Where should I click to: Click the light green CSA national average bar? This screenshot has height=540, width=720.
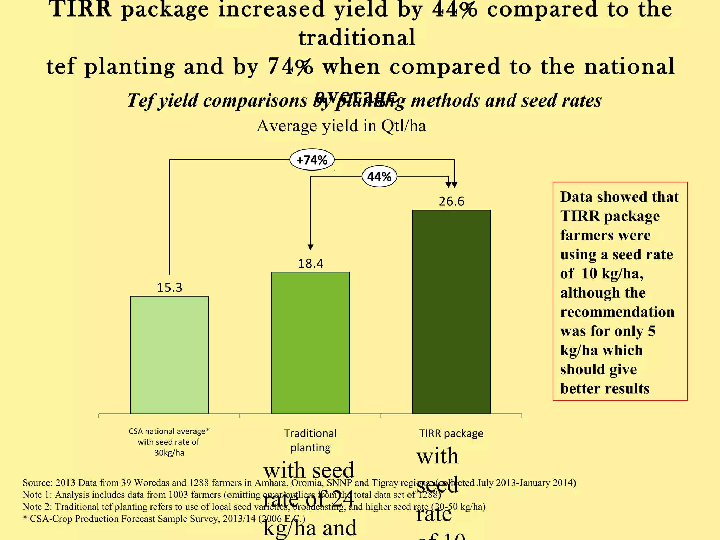pyautogui.click(x=169, y=355)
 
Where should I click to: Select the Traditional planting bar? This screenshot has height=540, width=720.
pyautogui.click(x=310, y=343)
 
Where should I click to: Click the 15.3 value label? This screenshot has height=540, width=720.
pyautogui.click(x=169, y=288)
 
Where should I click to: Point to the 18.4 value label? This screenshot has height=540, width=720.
pyautogui.click(x=310, y=263)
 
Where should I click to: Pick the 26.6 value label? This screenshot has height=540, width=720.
pyautogui.click(x=451, y=201)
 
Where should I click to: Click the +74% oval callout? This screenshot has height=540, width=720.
pyautogui.click(x=312, y=160)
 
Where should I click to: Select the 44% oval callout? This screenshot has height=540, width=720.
pyautogui.click(x=379, y=176)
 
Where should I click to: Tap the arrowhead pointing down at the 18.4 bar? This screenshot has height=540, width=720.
pyautogui.click(x=310, y=247)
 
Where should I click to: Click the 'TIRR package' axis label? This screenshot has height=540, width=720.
pyautogui.click(x=451, y=433)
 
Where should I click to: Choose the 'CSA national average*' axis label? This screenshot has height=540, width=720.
pyautogui.click(x=169, y=431)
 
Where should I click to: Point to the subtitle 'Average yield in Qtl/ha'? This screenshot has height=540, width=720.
pyautogui.click(x=341, y=126)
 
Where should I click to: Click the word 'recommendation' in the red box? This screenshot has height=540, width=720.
pyautogui.click(x=617, y=312)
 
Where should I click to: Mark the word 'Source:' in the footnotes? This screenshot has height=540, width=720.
pyautogui.click(x=38, y=483)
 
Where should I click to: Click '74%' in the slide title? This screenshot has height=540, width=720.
pyautogui.click(x=290, y=66)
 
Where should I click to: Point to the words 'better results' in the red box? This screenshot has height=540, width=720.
pyautogui.click(x=605, y=388)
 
